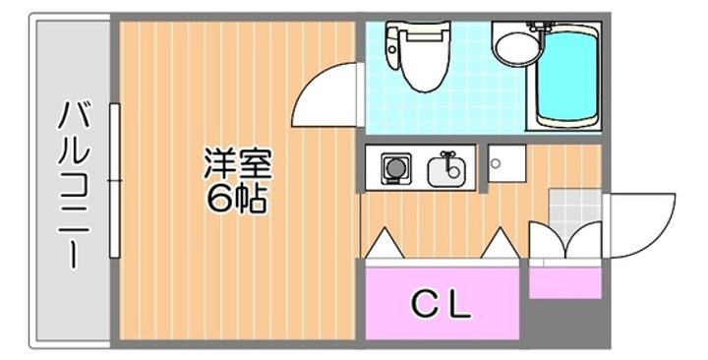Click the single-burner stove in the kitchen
click(x=393, y=170)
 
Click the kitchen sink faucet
click(x=448, y=156)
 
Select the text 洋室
click(x=237, y=162)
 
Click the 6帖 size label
click(x=237, y=199)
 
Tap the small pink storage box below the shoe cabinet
click(x=564, y=281)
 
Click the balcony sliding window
click(x=115, y=182)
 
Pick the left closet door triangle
click(x=384, y=242)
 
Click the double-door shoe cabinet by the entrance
click(x=564, y=242)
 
